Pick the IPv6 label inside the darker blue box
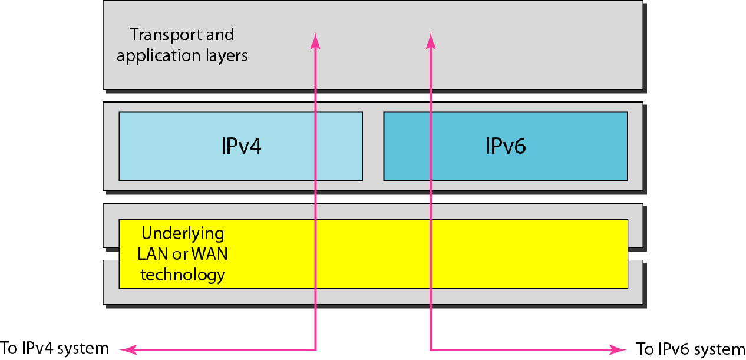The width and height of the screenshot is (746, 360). click(505, 145)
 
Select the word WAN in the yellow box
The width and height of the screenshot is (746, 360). click(209, 255)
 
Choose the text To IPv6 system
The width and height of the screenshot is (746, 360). click(687, 348)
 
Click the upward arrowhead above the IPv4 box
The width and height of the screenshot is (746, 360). click(316, 40)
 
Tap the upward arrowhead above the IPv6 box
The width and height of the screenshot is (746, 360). click(431, 40)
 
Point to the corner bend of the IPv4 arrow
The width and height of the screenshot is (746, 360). click(316, 349)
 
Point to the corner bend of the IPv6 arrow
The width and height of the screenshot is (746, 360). click(431, 349)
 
